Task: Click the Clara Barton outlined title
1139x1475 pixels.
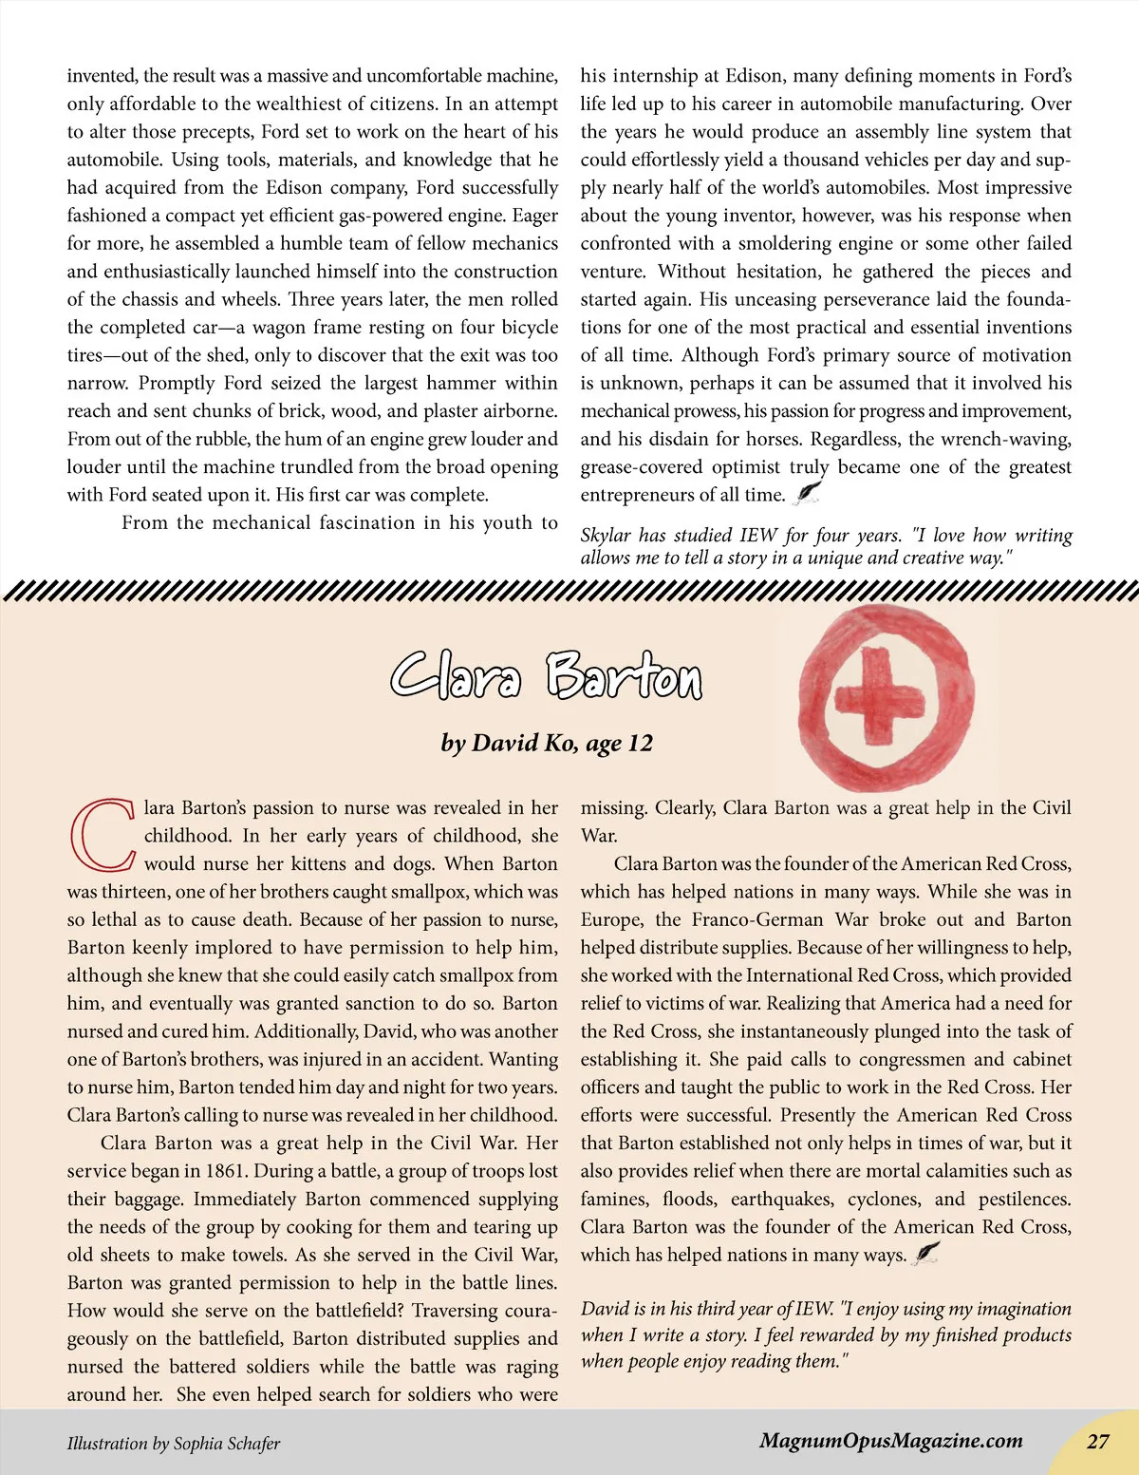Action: click(547, 676)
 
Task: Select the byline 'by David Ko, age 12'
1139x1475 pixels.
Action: click(547, 743)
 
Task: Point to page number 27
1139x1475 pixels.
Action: click(1097, 1441)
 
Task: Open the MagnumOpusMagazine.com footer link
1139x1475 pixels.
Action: click(890, 1441)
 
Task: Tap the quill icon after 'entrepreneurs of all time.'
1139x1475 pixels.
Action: click(807, 493)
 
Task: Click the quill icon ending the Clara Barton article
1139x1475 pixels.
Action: click(926, 1254)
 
